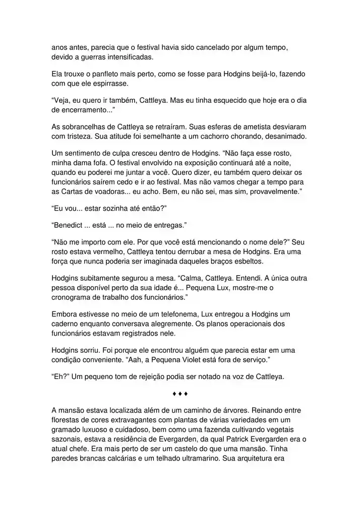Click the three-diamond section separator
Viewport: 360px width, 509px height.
tap(180, 393)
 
